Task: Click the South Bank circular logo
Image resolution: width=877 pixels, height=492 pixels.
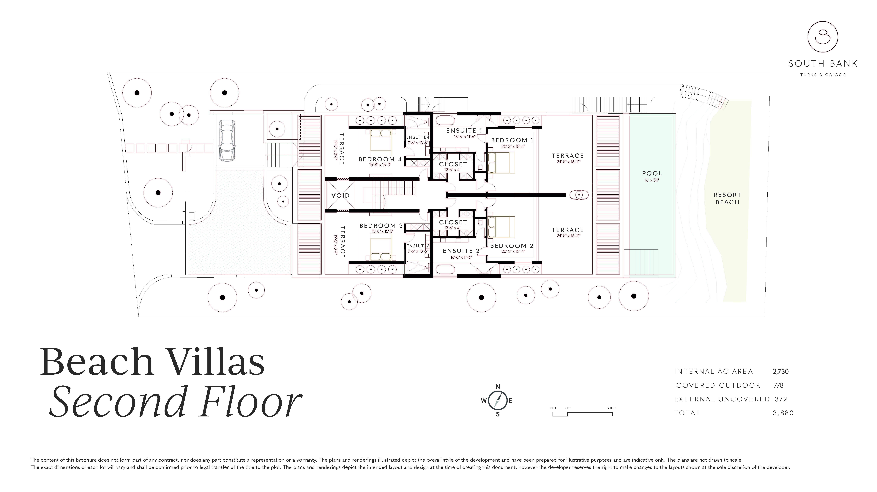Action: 823,36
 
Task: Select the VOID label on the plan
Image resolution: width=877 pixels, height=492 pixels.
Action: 340,196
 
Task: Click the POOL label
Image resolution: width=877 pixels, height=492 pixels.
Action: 652,173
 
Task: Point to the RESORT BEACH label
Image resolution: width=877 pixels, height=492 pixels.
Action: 727,198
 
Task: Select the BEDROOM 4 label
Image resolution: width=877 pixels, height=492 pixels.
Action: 380,159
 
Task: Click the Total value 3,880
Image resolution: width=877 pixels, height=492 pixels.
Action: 783,413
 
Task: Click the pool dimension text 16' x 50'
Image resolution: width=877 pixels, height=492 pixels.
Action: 652,180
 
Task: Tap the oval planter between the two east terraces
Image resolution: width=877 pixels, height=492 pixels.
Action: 579,195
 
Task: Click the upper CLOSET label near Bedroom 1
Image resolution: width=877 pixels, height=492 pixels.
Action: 453,164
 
